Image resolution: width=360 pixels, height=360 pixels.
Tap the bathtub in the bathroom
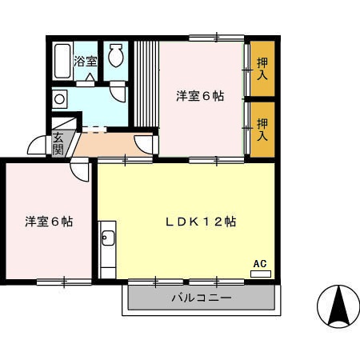[x=62, y=60]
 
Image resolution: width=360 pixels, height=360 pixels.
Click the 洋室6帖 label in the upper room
[x=200, y=96]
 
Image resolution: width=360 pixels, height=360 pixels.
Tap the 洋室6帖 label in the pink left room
[x=48, y=221]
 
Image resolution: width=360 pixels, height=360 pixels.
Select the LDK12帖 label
[x=200, y=221]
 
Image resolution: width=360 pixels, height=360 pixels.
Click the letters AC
[x=259, y=262]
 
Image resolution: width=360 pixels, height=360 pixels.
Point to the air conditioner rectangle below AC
[x=261, y=274]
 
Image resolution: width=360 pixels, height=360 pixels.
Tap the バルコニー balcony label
[x=201, y=298]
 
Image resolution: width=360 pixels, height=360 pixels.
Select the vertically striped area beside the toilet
[x=146, y=84]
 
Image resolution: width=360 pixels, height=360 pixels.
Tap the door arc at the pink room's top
[x=81, y=169]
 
